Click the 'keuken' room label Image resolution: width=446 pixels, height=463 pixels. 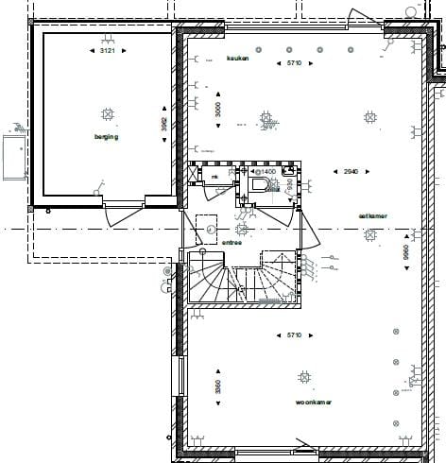point(237,59)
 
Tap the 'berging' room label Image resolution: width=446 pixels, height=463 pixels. point(106,137)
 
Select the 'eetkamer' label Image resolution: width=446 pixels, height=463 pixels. point(371,215)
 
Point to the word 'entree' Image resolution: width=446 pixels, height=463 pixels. point(232,242)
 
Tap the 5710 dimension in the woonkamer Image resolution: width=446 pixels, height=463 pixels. point(299,334)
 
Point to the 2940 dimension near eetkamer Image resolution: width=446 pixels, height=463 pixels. point(351,171)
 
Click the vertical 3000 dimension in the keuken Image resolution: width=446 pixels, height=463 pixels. point(216,110)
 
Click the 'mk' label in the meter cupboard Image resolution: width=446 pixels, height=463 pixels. point(214,177)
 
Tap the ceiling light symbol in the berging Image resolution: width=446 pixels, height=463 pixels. point(107,114)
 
